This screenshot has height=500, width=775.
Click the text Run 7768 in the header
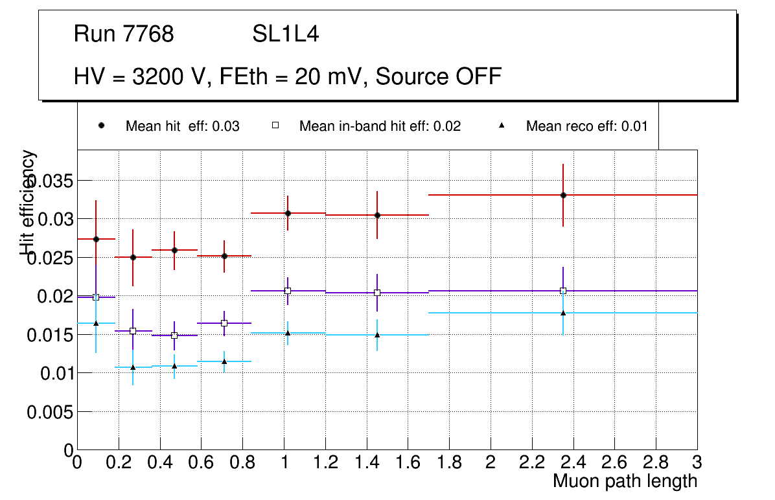point(124,34)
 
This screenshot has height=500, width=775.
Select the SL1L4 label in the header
point(285,34)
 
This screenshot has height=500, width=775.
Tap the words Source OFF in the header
point(439,76)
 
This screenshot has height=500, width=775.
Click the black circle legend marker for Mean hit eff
point(101,126)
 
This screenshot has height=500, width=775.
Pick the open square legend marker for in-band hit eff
point(275,126)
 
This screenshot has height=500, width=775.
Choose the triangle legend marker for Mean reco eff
point(502,126)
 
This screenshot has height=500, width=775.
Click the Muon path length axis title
point(625,481)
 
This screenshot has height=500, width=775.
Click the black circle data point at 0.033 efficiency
point(563,195)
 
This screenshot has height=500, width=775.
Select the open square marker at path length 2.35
point(563,291)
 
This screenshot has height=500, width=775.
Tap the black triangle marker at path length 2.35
point(563,313)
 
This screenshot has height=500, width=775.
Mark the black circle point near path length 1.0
point(288,213)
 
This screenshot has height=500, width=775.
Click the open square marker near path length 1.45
point(377,293)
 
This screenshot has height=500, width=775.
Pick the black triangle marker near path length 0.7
point(224,361)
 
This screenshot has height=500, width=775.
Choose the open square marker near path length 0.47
point(174,335)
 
